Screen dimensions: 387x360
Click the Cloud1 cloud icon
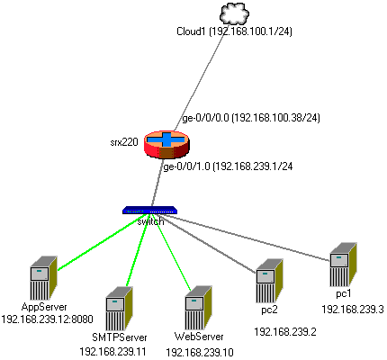click(x=234, y=13)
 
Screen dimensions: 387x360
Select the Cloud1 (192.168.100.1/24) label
click(x=234, y=31)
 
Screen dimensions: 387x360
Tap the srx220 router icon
click(x=166, y=144)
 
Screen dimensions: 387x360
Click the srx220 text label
click(x=124, y=142)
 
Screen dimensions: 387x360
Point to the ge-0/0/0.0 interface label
click(x=251, y=118)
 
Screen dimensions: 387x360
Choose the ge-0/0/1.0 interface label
click(x=228, y=166)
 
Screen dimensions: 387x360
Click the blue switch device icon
click(x=149, y=210)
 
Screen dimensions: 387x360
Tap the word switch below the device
click(x=150, y=221)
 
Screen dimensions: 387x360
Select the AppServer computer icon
click(x=44, y=278)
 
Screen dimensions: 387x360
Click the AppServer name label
click(x=44, y=307)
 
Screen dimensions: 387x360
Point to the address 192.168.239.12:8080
click(x=47, y=319)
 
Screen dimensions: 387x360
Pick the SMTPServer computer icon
click(x=119, y=309)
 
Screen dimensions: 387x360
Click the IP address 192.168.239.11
click(x=112, y=352)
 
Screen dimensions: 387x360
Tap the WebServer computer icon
click(x=199, y=308)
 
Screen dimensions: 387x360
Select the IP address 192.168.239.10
click(x=200, y=352)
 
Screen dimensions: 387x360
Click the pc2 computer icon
click(x=269, y=281)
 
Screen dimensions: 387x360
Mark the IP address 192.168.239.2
click(x=285, y=332)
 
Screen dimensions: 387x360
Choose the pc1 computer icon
click(x=343, y=265)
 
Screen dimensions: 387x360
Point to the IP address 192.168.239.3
click(x=353, y=310)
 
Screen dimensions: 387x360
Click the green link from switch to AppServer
click(x=103, y=242)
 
